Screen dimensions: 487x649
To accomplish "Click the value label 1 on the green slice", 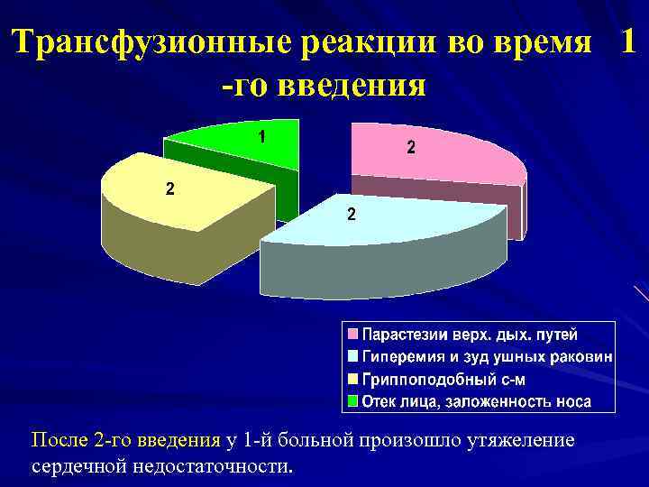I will (261, 137).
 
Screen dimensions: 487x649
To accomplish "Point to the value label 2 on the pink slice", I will (410, 150).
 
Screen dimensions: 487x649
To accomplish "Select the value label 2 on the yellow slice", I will (170, 188).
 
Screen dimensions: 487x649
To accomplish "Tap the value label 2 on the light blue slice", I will (352, 216).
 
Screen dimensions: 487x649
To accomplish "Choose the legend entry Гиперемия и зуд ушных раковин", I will (487, 356).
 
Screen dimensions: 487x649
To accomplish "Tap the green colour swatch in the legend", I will (353, 400).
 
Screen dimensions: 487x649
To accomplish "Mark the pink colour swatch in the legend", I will (353, 335).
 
